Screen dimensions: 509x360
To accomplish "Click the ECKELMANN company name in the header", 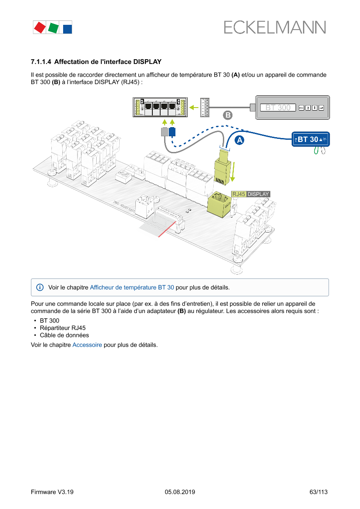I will tap(275, 28).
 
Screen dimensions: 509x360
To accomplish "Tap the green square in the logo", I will tap(54, 28).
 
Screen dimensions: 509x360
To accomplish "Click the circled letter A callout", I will tap(239, 140).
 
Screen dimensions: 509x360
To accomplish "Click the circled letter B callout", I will tap(227, 115).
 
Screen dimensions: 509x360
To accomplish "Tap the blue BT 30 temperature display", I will tap(310, 139).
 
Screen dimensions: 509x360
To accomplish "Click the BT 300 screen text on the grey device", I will tap(278, 108).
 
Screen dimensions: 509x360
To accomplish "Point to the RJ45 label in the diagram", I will tap(239, 194).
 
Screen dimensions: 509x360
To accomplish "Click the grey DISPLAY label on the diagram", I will tap(258, 194).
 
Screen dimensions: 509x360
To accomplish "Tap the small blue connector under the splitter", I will tap(172, 131).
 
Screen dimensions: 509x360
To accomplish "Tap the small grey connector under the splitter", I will tap(164, 131).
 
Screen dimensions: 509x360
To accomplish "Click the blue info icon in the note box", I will tap(40, 287).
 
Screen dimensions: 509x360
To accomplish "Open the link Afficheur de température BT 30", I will tap(132, 287).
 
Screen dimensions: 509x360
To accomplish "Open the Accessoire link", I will tap(87, 345).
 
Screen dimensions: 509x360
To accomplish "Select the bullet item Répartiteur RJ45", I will tap(60, 328).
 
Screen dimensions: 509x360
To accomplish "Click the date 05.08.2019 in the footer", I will tap(180, 492).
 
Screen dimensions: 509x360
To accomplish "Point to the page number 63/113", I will tap(318, 492).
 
